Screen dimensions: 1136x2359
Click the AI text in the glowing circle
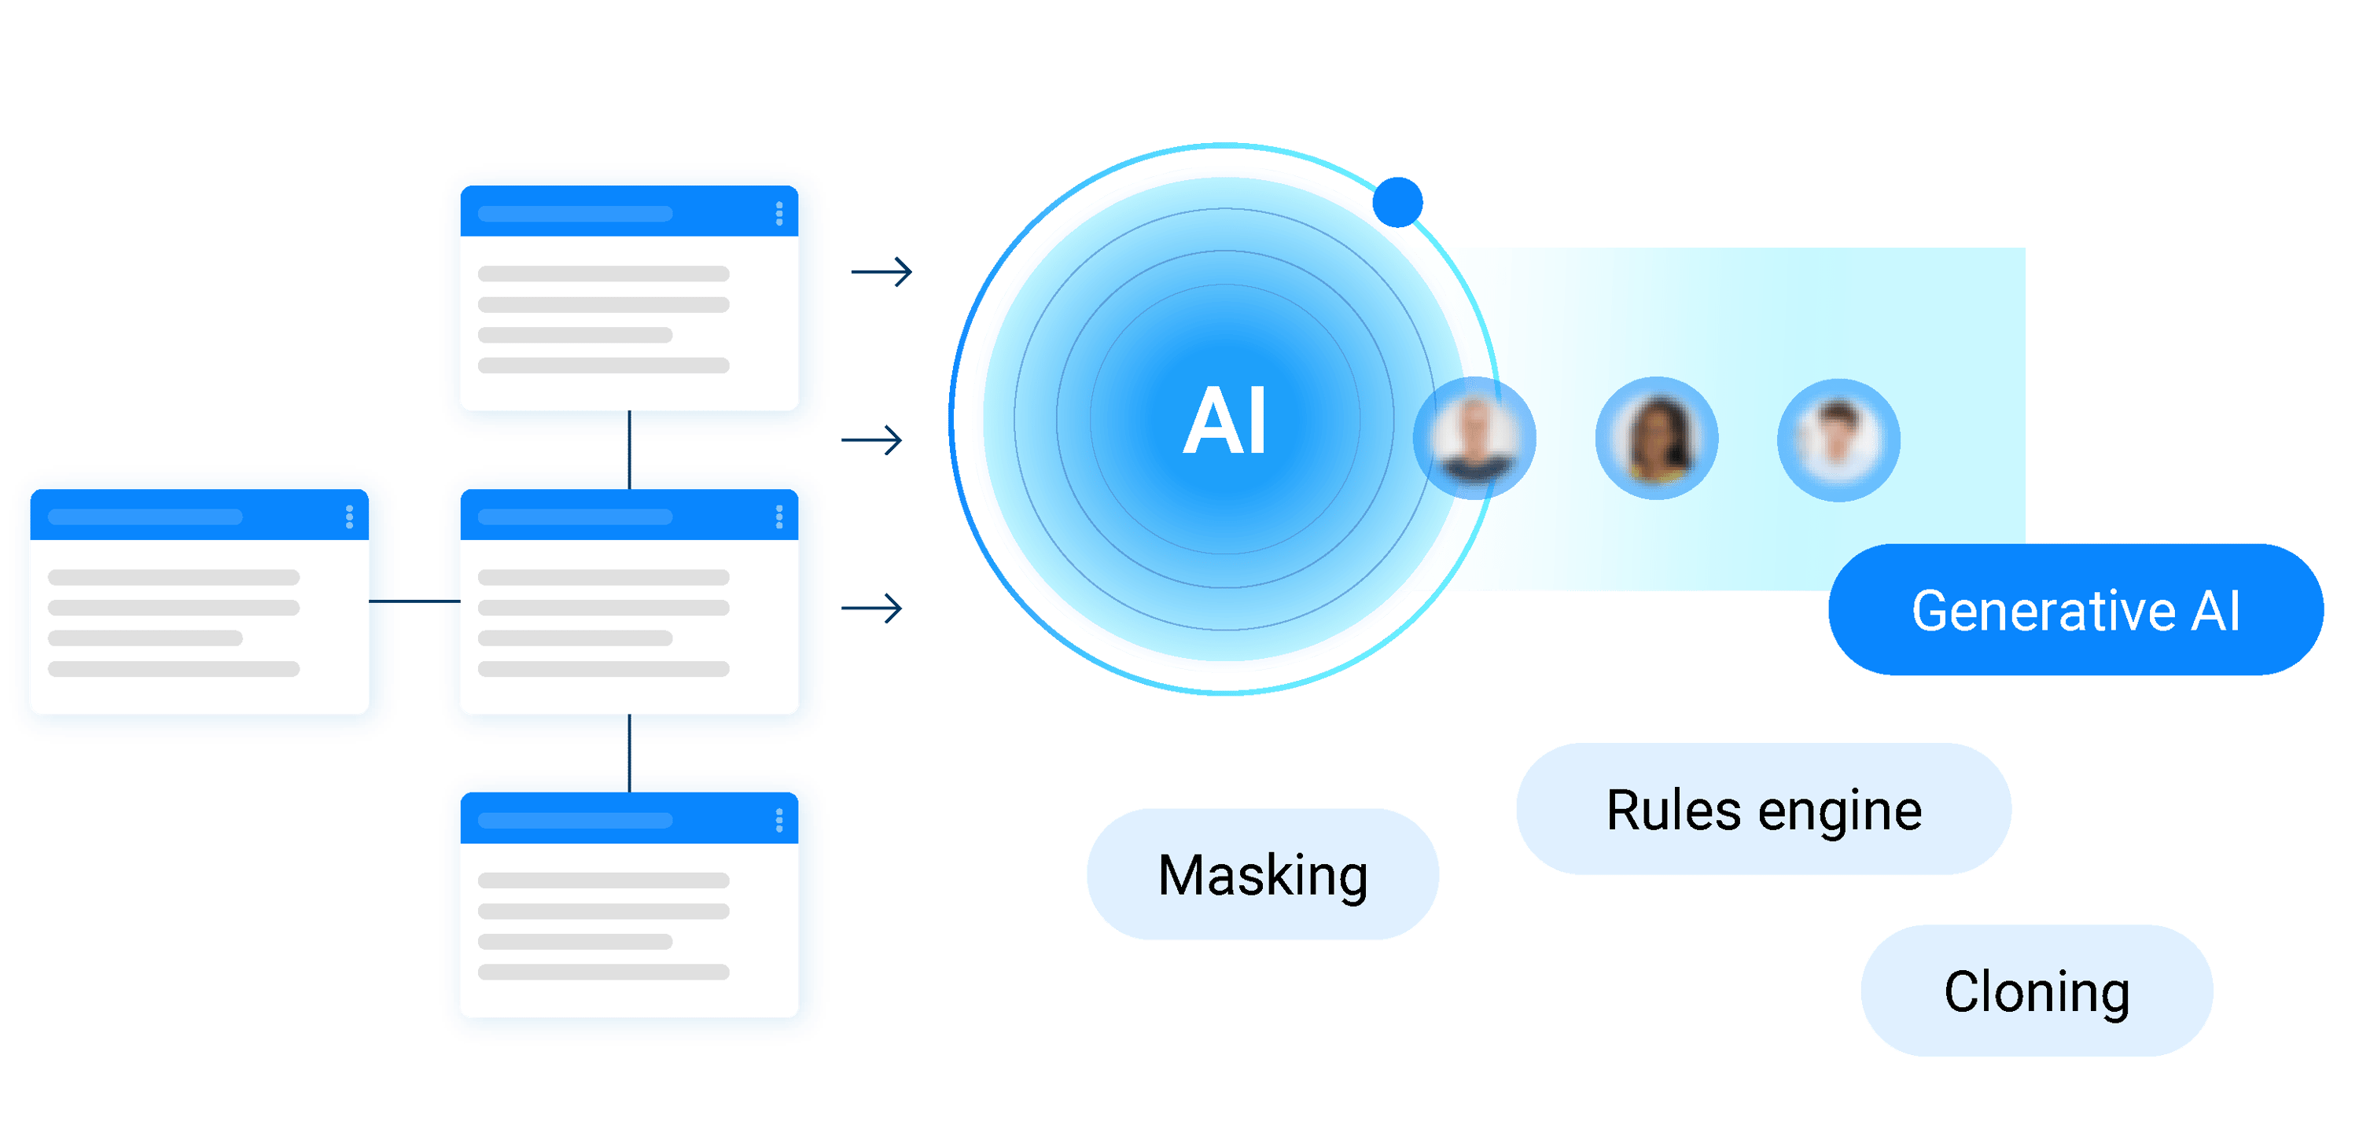[1224, 421]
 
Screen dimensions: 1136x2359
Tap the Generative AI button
[2075, 611]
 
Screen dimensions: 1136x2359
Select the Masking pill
[1263, 874]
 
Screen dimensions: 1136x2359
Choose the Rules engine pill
[1763, 809]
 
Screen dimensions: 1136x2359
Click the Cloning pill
[2037, 991]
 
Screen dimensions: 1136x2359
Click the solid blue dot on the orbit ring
[1397, 201]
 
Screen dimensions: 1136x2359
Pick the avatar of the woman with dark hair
[1657, 438]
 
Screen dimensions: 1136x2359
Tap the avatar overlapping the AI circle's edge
[1474, 438]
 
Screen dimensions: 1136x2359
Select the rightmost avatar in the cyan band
[1838, 439]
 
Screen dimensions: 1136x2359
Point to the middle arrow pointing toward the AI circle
[872, 440]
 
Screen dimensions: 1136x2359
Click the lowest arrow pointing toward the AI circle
[872, 608]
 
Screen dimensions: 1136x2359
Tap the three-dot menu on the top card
[779, 213]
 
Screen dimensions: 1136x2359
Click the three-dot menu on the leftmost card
[349, 517]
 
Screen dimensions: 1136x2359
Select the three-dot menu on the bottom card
[779, 820]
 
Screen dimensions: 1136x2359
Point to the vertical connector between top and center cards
[629, 450]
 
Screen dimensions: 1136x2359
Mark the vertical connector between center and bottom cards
[629, 753]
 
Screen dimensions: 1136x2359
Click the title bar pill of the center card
[575, 517]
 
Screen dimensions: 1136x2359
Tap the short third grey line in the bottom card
[575, 941]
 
